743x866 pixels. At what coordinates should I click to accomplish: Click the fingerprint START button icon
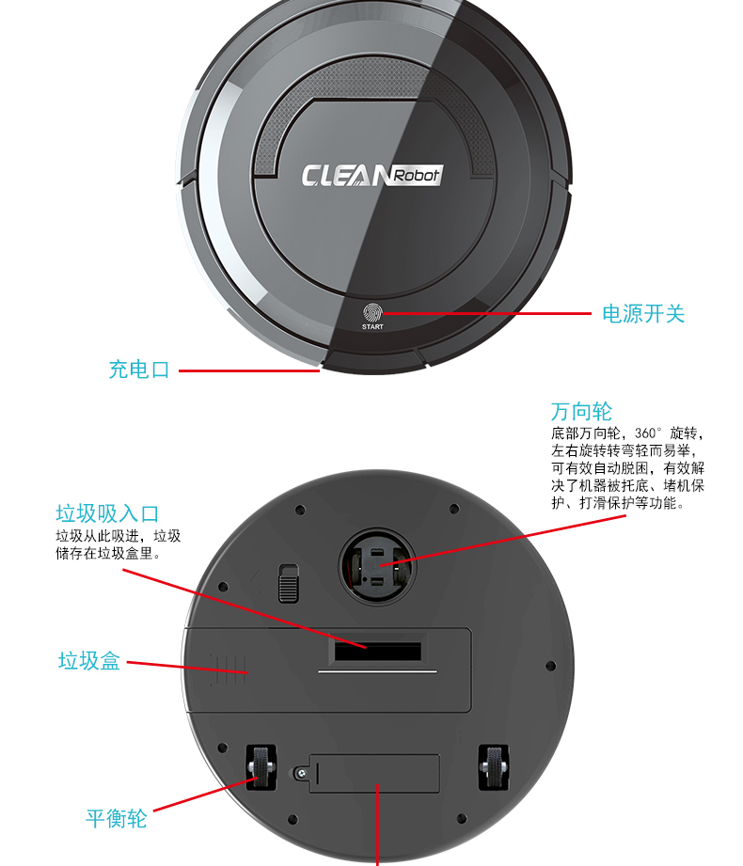372,312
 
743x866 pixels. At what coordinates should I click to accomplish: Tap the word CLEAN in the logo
346,176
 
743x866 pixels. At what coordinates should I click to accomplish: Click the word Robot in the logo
417,175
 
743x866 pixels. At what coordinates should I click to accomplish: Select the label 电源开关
643,314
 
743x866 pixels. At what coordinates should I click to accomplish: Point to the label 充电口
138,370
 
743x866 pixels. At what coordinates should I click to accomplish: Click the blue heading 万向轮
581,412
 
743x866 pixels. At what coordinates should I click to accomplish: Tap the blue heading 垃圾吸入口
107,513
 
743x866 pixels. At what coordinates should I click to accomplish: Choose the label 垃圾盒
89,660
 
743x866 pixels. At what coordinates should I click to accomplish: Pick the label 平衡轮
116,818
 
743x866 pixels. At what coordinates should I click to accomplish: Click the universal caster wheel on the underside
377,566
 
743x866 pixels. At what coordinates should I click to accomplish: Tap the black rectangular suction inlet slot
378,652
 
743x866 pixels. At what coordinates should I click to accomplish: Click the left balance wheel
261,767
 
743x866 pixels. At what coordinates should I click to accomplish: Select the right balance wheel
494,767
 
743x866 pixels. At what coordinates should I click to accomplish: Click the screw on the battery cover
301,774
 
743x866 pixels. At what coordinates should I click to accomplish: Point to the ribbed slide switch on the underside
289,583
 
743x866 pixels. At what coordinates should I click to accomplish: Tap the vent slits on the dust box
228,669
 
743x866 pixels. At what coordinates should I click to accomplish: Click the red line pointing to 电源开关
486,314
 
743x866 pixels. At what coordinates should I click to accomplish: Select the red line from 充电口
249,370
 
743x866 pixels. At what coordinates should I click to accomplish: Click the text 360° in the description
647,433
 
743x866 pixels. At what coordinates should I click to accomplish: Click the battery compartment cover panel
374,774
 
